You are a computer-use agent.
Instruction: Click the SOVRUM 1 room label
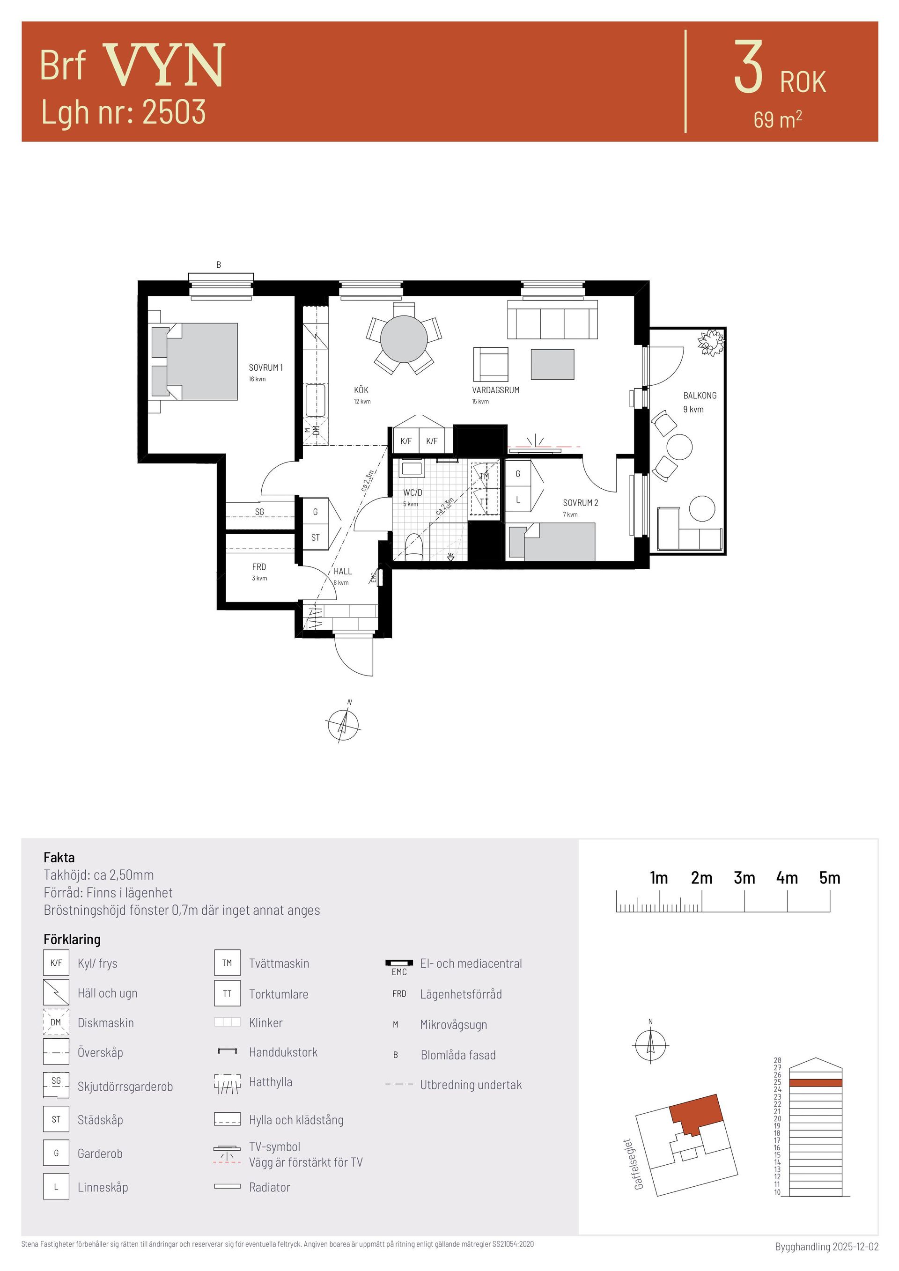click(x=265, y=367)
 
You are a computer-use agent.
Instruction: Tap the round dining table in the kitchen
click(x=404, y=339)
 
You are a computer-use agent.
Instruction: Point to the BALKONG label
click(x=700, y=395)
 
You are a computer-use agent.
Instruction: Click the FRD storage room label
click(x=259, y=567)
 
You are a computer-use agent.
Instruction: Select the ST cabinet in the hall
click(x=316, y=537)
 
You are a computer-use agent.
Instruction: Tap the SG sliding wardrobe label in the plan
click(x=259, y=512)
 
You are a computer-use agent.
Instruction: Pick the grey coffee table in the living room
click(x=553, y=364)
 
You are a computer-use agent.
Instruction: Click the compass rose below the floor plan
click(x=344, y=725)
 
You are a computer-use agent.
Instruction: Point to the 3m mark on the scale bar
click(x=744, y=878)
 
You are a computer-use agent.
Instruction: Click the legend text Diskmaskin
click(x=106, y=1023)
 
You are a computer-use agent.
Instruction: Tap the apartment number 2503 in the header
click(x=174, y=112)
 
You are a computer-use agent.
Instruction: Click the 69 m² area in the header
click(x=777, y=119)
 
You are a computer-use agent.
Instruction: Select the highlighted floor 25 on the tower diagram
click(x=815, y=1082)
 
